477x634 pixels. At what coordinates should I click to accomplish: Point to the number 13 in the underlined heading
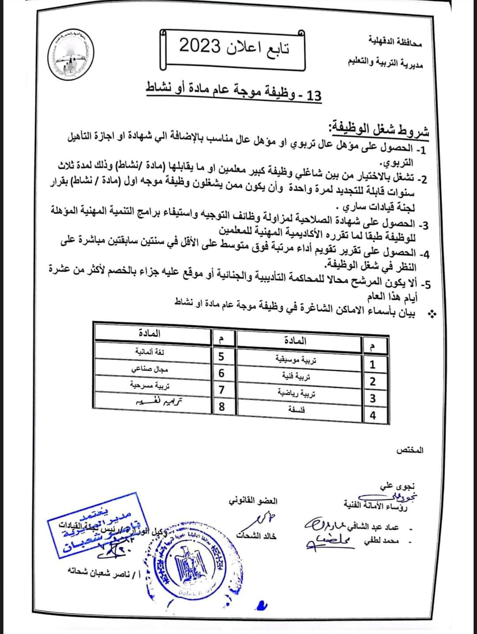click(x=314, y=95)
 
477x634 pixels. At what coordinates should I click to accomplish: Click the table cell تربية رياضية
click(x=296, y=393)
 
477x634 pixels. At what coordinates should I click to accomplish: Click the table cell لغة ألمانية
click(x=150, y=352)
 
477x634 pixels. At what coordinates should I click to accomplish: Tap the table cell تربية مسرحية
click(x=150, y=385)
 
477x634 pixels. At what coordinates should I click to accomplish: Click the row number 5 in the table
click(x=222, y=357)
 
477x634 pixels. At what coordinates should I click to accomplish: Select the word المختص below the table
click(x=410, y=450)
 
